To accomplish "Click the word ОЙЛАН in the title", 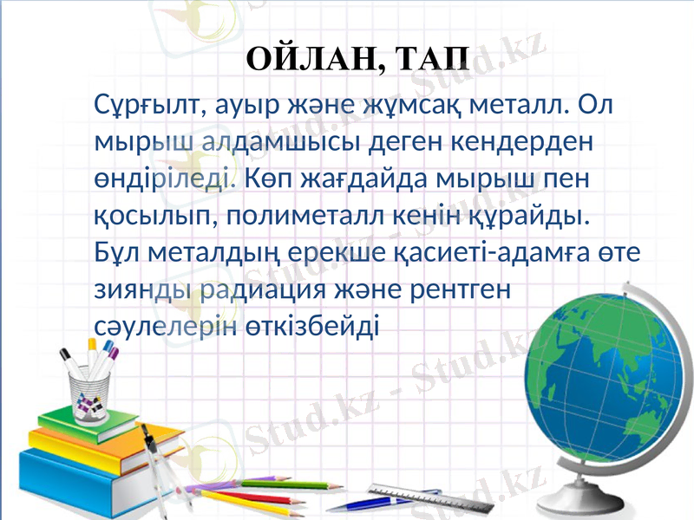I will coord(310,59).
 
